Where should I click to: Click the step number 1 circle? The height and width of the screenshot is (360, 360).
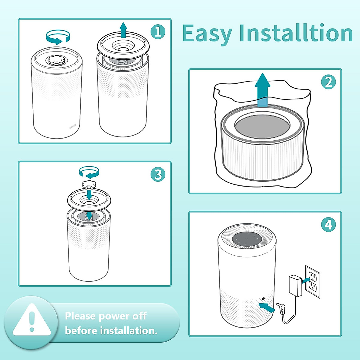click(158, 31)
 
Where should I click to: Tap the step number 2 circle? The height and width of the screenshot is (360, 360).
click(328, 82)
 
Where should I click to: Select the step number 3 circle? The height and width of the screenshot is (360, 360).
click(158, 174)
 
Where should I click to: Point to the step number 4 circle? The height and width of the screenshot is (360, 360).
click(328, 224)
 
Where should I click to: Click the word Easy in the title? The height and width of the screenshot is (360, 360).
click(207, 34)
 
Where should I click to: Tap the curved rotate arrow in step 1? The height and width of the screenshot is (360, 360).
click(58, 37)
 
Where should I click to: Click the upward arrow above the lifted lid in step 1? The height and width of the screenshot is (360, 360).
click(123, 30)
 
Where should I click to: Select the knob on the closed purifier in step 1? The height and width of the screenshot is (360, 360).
click(56, 61)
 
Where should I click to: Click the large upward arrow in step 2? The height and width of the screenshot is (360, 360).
click(262, 88)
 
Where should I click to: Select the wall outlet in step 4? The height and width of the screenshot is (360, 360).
click(313, 281)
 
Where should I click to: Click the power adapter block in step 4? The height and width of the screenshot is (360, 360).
click(295, 285)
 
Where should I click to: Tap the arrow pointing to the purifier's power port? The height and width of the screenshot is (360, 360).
click(267, 307)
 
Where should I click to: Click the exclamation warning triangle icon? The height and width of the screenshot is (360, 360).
click(32, 321)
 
